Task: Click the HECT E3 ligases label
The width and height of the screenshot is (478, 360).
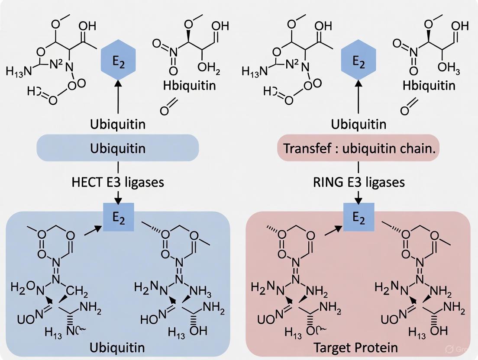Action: point(118,182)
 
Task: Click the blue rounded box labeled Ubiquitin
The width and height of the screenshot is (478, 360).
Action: point(118,148)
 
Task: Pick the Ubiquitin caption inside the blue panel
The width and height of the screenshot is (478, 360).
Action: point(118,347)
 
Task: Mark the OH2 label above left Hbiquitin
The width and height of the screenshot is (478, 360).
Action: point(208,68)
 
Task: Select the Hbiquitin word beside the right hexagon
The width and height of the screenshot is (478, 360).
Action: point(429,85)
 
